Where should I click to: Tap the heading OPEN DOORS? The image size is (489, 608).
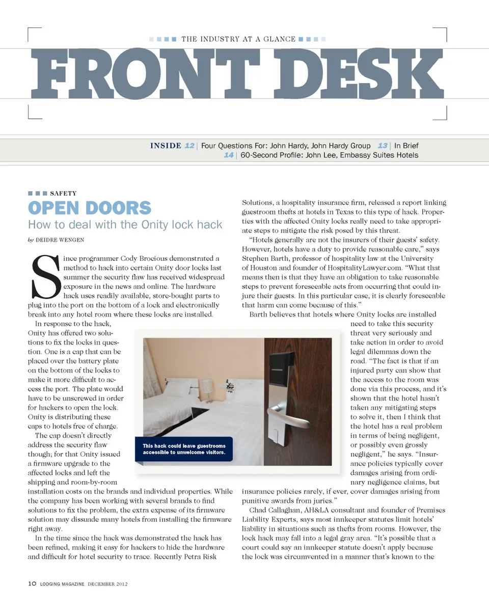pos(90,208)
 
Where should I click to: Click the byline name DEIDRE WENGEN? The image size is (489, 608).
pos(59,240)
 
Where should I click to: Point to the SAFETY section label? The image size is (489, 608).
pos(63,194)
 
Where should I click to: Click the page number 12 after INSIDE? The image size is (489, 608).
pos(189,146)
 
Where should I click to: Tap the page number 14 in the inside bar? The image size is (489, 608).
pos(229,155)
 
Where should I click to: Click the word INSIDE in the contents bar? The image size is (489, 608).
pos(166,146)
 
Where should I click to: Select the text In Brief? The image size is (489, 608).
pos(406,146)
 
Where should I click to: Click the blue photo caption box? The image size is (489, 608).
pos(184,449)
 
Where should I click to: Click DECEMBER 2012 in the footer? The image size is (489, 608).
pos(107,584)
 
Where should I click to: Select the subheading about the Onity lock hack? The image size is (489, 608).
pos(125,225)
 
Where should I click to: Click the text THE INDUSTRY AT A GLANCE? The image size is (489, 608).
pos(238,39)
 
